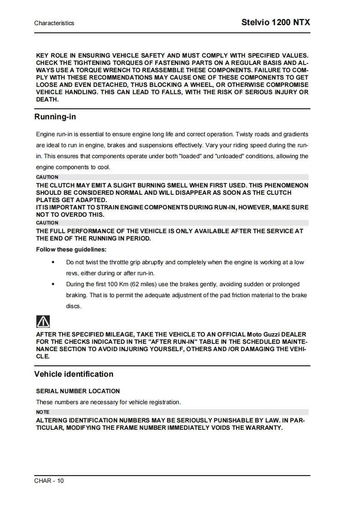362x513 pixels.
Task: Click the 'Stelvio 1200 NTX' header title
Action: [275, 22]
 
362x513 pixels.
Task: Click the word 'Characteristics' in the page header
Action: [54, 23]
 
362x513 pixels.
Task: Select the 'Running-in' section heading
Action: [55, 117]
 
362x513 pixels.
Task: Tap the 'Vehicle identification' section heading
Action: [73, 374]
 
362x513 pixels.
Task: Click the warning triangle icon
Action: [43, 321]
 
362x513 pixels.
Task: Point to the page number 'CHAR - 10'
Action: [49, 481]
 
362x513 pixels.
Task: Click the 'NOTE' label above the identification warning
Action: [42, 412]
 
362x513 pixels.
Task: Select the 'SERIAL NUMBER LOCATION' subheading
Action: [78, 391]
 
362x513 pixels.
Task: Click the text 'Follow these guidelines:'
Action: [71, 250]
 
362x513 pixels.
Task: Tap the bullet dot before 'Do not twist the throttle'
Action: [54, 262]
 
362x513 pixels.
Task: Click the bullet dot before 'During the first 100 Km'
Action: [54, 284]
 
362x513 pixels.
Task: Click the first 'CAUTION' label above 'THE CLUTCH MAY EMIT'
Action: [47, 177]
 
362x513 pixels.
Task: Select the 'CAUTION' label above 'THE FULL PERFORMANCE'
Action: [47, 223]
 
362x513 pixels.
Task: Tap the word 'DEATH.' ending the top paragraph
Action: [47, 100]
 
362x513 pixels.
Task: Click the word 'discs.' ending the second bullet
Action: [73, 306]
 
